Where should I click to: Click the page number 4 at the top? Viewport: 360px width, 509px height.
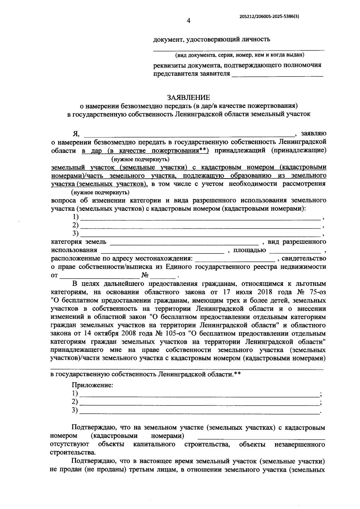pos(188,20)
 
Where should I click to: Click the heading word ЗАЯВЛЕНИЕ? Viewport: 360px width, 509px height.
pos(188,97)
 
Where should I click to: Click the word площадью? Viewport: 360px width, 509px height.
pos(250,250)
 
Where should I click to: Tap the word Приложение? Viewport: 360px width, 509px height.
pos(92,385)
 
